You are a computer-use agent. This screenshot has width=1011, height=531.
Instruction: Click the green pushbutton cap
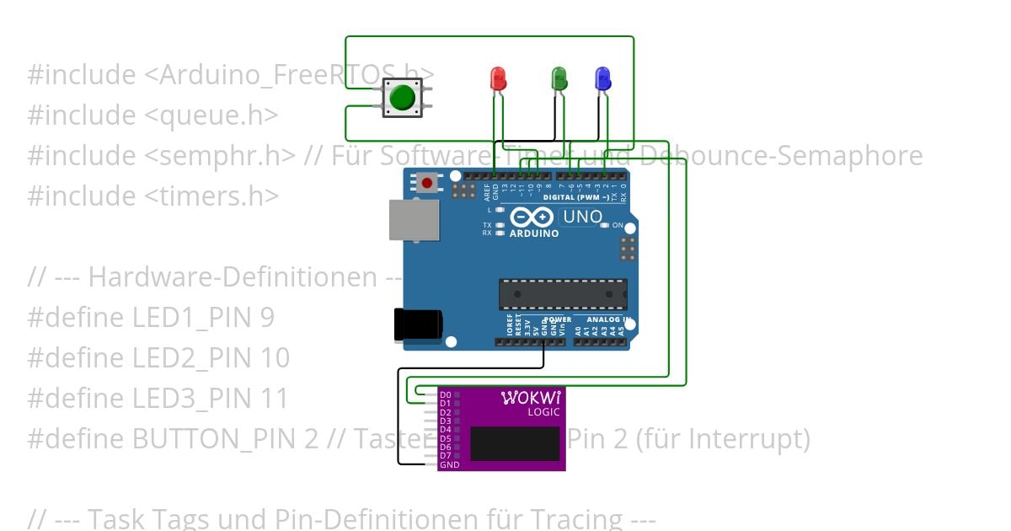[403, 98]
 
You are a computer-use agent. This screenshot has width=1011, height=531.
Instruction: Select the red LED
[497, 78]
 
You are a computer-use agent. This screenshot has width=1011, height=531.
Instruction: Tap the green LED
[559, 78]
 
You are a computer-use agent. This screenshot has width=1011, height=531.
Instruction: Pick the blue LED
[602, 78]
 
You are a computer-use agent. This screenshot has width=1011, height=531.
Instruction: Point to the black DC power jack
[418, 324]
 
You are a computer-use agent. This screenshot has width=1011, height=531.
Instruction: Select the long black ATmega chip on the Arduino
[562, 293]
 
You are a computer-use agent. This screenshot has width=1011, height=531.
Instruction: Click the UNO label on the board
[582, 217]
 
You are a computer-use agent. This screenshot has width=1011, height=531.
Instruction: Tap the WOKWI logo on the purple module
[531, 397]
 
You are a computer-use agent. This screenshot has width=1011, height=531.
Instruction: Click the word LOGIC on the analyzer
[543, 412]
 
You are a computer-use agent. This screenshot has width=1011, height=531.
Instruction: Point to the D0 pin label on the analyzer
[445, 394]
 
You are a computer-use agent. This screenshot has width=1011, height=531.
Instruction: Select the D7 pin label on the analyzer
[445, 456]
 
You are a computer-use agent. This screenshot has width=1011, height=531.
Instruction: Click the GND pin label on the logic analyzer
[449, 465]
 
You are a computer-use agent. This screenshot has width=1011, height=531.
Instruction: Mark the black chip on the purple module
[515, 443]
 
